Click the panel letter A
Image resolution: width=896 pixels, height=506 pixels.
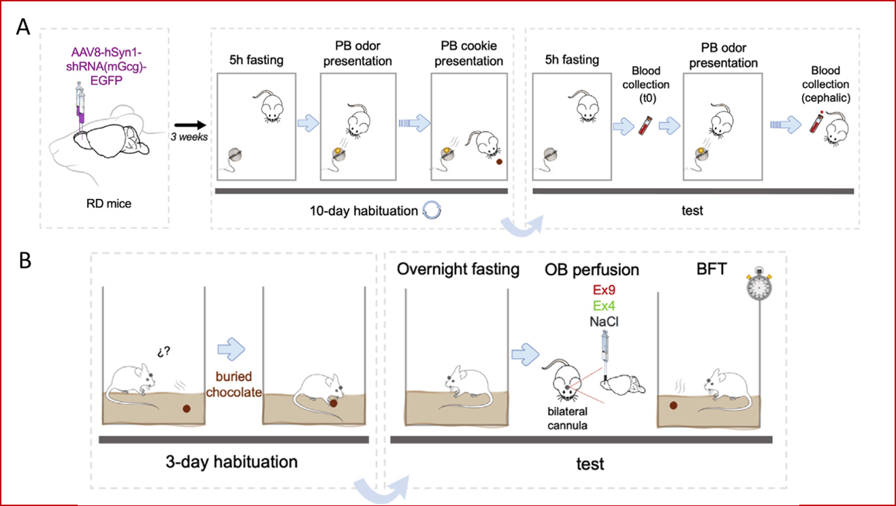[x=22, y=27]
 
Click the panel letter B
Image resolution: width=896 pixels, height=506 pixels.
[x=25, y=261]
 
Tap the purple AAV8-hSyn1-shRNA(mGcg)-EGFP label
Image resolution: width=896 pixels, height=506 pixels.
[x=106, y=67]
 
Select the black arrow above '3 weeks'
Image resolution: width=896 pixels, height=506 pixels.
[x=190, y=125]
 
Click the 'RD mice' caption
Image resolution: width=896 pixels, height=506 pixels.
[x=109, y=203]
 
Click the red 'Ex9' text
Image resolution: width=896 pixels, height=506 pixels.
[x=604, y=289]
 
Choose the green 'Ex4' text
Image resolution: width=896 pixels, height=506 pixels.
[x=604, y=306]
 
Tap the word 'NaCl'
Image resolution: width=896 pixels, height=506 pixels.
[x=604, y=321]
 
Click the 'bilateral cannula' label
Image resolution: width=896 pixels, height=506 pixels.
[x=568, y=418]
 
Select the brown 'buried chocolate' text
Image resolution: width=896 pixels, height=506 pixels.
[x=234, y=384]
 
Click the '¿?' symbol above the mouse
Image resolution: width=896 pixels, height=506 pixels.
[x=163, y=351]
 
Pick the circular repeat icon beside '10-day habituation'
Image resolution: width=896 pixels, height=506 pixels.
[x=432, y=210]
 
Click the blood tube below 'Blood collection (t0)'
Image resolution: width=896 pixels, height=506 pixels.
[x=645, y=125]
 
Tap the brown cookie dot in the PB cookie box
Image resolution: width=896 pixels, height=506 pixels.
[x=499, y=161]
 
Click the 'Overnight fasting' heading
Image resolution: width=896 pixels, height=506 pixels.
[x=458, y=269]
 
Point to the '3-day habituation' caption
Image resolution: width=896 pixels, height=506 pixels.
[x=231, y=462]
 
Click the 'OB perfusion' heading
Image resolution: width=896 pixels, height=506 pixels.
[x=592, y=270]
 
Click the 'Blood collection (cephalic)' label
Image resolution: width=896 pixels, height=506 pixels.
[x=826, y=84]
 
